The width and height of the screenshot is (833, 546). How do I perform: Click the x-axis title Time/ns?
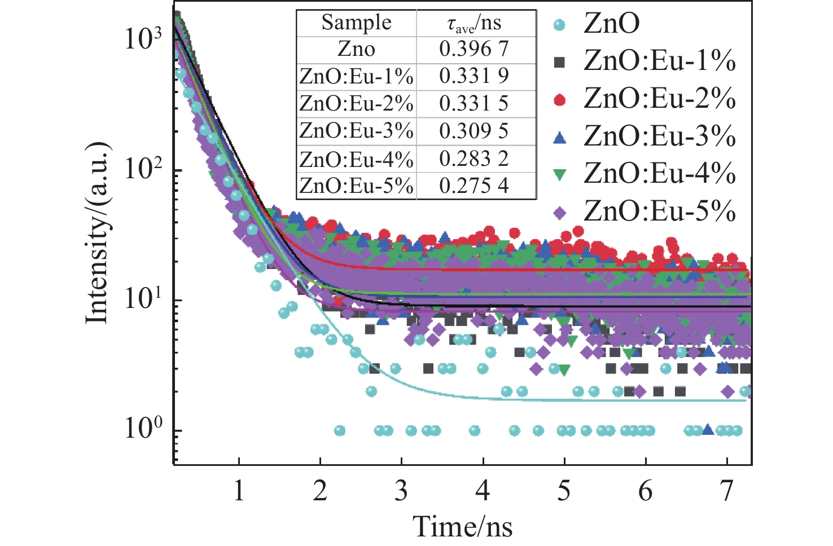click(463, 526)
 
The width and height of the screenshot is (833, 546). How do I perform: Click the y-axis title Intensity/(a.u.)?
click(97, 233)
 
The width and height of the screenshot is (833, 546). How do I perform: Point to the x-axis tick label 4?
click(483, 491)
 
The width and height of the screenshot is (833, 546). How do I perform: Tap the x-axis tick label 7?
click(726, 491)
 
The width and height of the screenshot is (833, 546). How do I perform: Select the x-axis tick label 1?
click(239, 491)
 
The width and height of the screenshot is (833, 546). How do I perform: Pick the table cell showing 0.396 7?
click(474, 49)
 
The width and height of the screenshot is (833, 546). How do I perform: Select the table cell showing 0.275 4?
click(474, 186)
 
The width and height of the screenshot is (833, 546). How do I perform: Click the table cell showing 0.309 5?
click(474, 131)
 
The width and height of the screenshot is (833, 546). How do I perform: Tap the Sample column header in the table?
click(356, 23)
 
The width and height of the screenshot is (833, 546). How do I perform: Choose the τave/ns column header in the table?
click(474, 23)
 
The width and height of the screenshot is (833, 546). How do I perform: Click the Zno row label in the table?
click(356, 49)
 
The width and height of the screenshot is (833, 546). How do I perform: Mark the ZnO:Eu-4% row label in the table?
click(356, 159)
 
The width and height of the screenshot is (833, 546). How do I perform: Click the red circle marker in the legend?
click(560, 100)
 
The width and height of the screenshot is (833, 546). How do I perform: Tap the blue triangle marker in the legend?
click(560, 138)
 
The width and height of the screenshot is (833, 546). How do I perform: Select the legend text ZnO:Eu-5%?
click(659, 212)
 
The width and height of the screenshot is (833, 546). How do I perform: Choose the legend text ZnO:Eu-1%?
click(659, 61)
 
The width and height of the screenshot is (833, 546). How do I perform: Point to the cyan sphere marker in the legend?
click(560, 25)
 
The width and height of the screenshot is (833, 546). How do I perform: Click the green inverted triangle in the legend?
click(560, 175)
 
